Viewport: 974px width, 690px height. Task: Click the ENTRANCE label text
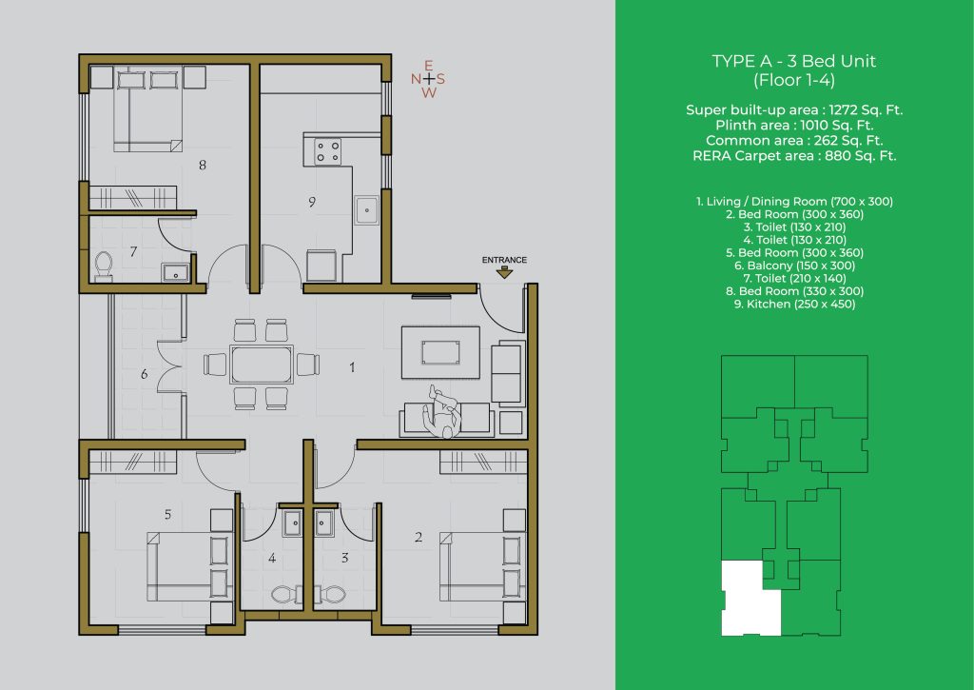(x=504, y=260)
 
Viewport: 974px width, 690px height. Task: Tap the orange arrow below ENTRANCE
(x=504, y=272)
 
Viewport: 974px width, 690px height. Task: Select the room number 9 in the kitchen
(x=312, y=202)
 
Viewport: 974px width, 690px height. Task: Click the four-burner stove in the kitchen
(x=327, y=151)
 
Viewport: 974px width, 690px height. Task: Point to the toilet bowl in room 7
(x=103, y=266)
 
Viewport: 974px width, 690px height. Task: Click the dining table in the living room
(x=262, y=365)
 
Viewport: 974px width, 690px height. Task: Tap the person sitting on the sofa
(x=442, y=411)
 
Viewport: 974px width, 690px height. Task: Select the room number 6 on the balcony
(x=145, y=374)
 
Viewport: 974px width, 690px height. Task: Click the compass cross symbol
(x=428, y=79)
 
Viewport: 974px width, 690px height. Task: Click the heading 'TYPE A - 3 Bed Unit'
(x=794, y=61)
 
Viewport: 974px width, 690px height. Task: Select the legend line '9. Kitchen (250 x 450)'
(x=794, y=304)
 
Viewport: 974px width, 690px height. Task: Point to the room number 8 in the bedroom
(x=203, y=165)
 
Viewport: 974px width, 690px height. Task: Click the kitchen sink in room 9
(x=367, y=209)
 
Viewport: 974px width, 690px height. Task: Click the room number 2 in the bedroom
(x=419, y=537)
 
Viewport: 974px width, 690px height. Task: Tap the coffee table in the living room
(x=440, y=352)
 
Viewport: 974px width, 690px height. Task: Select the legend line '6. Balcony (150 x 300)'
(x=794, y=266)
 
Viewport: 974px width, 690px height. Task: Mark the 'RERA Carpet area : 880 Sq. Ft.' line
(x=794, y=155)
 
